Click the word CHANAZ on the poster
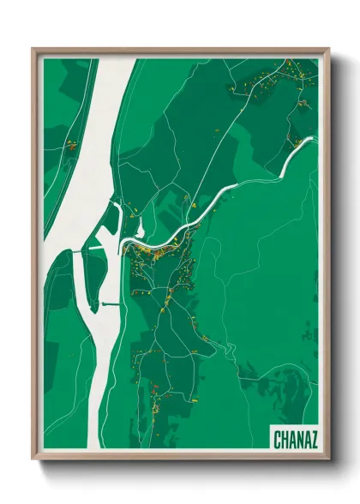pos(296,440)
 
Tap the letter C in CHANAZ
pos(278,440)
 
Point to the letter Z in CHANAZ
pos(314,440)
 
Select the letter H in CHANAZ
pos(285,440)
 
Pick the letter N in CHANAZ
pos(299,440)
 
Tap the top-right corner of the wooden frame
pos(329,49)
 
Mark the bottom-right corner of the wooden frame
pos(329,459)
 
